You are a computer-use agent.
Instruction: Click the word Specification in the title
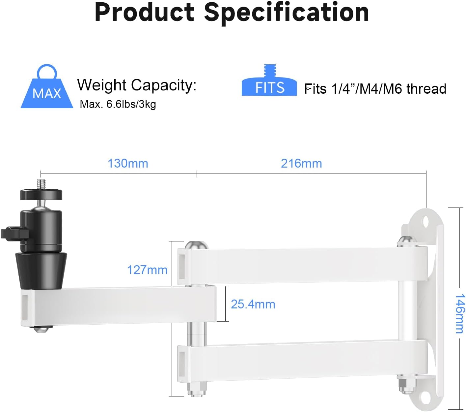[x=286, y=13]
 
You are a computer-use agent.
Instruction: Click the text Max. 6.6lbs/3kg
[x=118, y=104]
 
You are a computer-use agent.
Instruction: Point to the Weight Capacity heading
[x=137, y=85]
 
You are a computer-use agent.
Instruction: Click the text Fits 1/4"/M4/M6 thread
[x=375, y=89]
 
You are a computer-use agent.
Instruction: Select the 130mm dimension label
[x=128, y=163]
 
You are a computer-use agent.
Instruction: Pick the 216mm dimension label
[x=301, y=163]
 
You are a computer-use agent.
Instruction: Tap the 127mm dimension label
[x=147, y=270]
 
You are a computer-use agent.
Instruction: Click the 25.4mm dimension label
[x=253, y=304]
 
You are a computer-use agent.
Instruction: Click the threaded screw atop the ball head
[x=41, y=184]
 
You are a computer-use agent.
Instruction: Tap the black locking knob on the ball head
[x=13, y=233]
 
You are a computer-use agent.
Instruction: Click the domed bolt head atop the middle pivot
[x=196, y=245]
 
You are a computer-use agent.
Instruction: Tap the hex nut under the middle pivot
[x=196, y=389]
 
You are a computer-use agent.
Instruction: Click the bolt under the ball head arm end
[x=43, y=329]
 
